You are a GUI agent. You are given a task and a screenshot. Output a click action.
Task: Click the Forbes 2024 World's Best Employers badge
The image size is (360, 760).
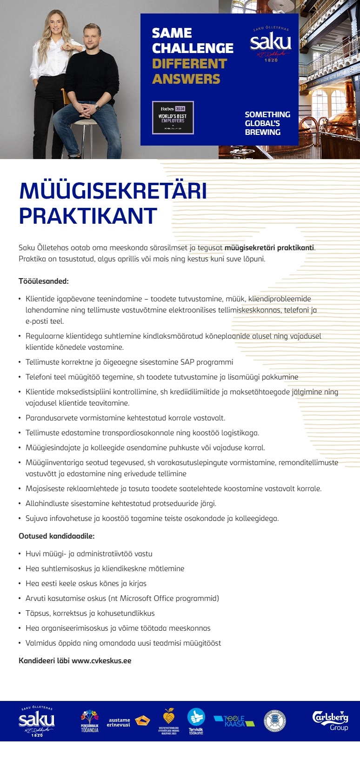[x=173, y=118]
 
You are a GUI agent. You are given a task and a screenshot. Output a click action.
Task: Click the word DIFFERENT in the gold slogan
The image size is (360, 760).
[x=189, y=64]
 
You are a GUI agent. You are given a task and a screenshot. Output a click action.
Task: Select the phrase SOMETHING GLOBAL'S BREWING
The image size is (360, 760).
[x=267, y=123]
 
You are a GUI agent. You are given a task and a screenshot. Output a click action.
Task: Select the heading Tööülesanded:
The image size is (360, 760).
[x=44, y=281]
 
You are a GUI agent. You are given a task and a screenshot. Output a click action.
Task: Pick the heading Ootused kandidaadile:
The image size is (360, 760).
[x=56, y=536]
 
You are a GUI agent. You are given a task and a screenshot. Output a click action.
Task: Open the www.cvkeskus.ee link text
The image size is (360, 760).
[x=101, y=660]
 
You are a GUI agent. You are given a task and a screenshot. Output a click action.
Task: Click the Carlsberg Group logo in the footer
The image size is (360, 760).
[x=330, y=720]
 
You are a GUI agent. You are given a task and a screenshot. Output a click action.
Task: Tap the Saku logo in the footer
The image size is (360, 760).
[x=37, y=721]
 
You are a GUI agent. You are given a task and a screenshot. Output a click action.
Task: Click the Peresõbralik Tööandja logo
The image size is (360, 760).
[x=89, y=721]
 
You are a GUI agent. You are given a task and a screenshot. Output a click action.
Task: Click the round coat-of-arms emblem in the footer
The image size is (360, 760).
[x=274, y=721]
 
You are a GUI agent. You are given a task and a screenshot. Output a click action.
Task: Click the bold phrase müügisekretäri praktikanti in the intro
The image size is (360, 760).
[x=269, y=247]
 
